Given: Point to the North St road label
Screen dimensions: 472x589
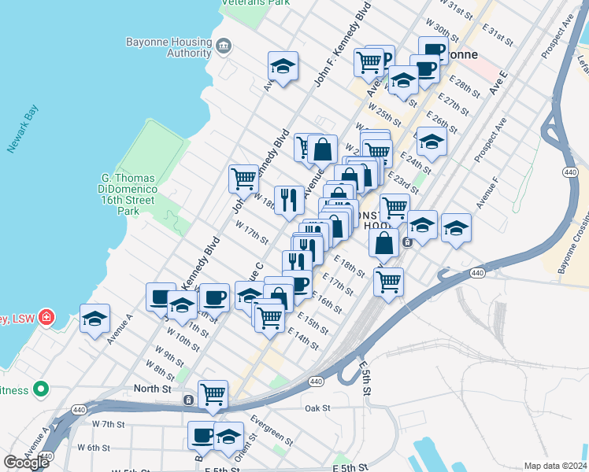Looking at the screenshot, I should (153, 389).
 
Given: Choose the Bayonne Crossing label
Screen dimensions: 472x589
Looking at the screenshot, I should (574, 245).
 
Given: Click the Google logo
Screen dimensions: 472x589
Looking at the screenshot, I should (26, 463).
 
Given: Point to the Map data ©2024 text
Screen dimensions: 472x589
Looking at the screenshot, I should (555, 466).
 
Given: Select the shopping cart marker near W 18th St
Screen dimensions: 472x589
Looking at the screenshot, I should (243, 178).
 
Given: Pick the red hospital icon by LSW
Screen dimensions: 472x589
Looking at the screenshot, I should (46, 318).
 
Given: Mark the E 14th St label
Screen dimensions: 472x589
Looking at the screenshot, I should (303, 339).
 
